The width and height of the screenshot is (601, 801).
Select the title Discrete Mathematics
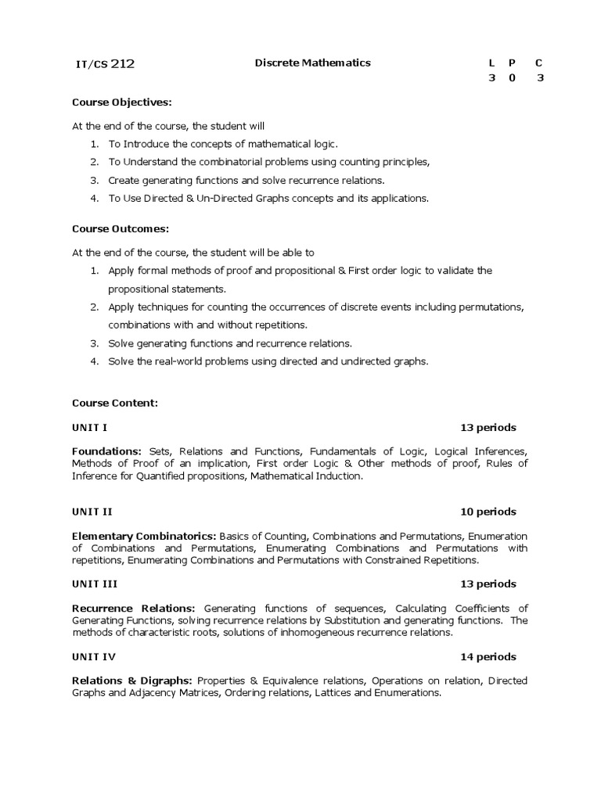[313, 63]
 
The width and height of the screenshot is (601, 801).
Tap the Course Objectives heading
[121, 102]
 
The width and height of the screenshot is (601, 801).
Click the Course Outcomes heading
[121, 228]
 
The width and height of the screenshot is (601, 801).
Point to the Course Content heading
[115, 403]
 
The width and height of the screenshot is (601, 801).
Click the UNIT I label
[89, 428]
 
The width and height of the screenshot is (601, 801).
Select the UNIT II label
[92, 512]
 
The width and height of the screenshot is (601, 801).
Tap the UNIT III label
[95, 584]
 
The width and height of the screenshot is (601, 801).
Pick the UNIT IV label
[93, 657]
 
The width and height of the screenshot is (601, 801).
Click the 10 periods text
[488, 512]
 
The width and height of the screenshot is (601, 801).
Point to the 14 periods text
[488, 657]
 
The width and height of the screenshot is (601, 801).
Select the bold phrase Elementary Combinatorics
[144, 536]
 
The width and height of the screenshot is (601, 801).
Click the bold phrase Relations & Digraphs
[133, 681]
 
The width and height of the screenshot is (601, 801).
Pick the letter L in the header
[491, 63]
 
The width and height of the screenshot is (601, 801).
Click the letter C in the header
[539, 63]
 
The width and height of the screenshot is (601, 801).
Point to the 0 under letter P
[512, 78]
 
